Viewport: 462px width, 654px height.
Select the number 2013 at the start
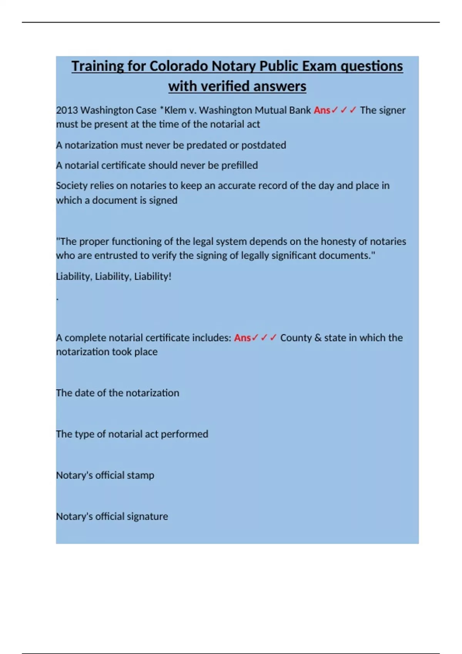(67, 110)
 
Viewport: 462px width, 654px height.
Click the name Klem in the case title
(175, 110)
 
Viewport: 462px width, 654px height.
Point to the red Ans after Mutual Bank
(322, 110)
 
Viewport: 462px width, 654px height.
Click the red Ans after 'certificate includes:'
(242, 338)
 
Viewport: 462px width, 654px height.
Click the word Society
(72, 186)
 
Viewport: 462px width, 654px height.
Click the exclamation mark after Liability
(170, 276)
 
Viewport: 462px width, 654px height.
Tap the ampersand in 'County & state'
(318, 338)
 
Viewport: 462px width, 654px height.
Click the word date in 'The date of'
(84, 393)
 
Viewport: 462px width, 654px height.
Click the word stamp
(140, 475)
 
